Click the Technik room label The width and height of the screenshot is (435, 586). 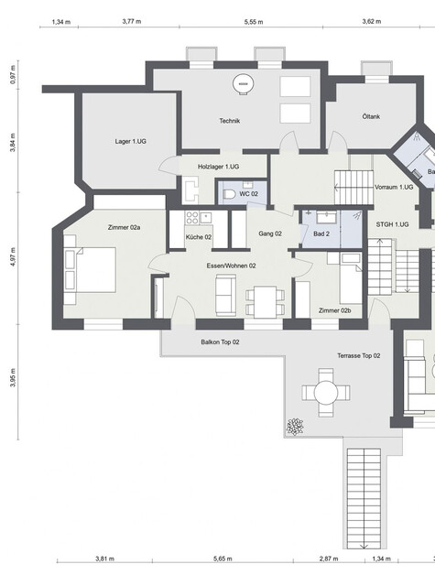tap(230, 121)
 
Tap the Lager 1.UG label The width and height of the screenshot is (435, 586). tap(130, 141)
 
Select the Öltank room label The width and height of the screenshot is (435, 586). tap(371, 116)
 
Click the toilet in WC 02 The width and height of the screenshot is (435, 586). tap(229, 194)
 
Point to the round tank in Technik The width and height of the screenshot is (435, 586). tap(242, 84)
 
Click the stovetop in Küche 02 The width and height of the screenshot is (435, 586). tap(192, 218)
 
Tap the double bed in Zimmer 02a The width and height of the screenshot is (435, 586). tap(90, 269)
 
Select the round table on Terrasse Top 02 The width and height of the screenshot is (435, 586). tap(326, 393)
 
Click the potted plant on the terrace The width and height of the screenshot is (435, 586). tap(295, 427)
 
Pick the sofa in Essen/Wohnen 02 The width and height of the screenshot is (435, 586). tap(225, 295)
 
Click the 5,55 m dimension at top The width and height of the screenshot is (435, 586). tap(254, 22)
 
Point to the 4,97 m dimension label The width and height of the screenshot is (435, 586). tap(14, 256)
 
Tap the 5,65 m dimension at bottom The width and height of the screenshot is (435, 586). tap(223, 559)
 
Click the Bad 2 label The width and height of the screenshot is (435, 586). tap(321, 234)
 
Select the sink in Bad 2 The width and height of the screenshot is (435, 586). tap(327, 216)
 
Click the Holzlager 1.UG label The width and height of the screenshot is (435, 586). tap(219, 167)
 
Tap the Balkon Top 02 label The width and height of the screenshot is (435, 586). tap(220, 342)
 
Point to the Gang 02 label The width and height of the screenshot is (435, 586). tap(270, 234)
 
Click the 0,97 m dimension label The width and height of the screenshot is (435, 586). tap(14, 75)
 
